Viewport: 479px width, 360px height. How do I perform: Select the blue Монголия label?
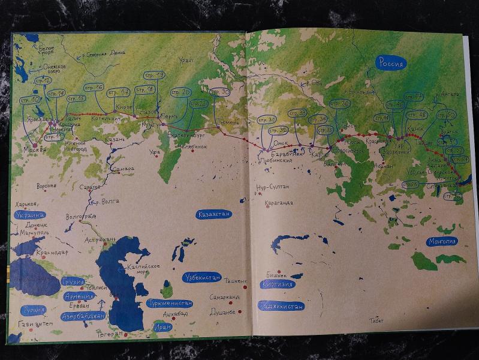point(443,242)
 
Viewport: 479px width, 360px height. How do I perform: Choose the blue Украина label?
point(31,215)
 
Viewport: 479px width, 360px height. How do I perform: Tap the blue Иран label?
point(162,328)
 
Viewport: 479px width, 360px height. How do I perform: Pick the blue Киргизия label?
point(277,284)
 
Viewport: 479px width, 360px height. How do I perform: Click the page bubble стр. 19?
point(154,75)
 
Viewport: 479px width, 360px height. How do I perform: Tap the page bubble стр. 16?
point(95,88)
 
